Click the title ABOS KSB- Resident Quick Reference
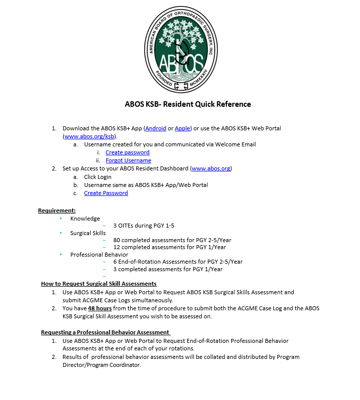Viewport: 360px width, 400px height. point(188,104)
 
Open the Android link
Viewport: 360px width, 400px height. point(156,128)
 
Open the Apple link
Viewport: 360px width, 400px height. point(182,128)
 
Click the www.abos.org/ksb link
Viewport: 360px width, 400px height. point(90,136)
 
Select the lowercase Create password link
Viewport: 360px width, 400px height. point(127,152)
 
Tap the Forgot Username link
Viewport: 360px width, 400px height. point(128,160)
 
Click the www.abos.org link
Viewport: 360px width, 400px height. point(211,168)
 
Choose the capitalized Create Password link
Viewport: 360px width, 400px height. point(106,193)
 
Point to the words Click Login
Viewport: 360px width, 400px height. point(98,177)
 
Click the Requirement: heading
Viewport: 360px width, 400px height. point(57,211)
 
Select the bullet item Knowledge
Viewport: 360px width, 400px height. point(85,219)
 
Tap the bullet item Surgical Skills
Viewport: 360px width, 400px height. point(88,233)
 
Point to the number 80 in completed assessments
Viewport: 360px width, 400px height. point(117,240)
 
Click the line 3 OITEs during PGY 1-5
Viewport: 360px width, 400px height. point(144,226)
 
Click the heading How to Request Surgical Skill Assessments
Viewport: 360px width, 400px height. point(99,284)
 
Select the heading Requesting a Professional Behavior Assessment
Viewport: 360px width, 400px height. point(105,332)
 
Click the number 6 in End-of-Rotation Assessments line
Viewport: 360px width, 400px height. point(115,262)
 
